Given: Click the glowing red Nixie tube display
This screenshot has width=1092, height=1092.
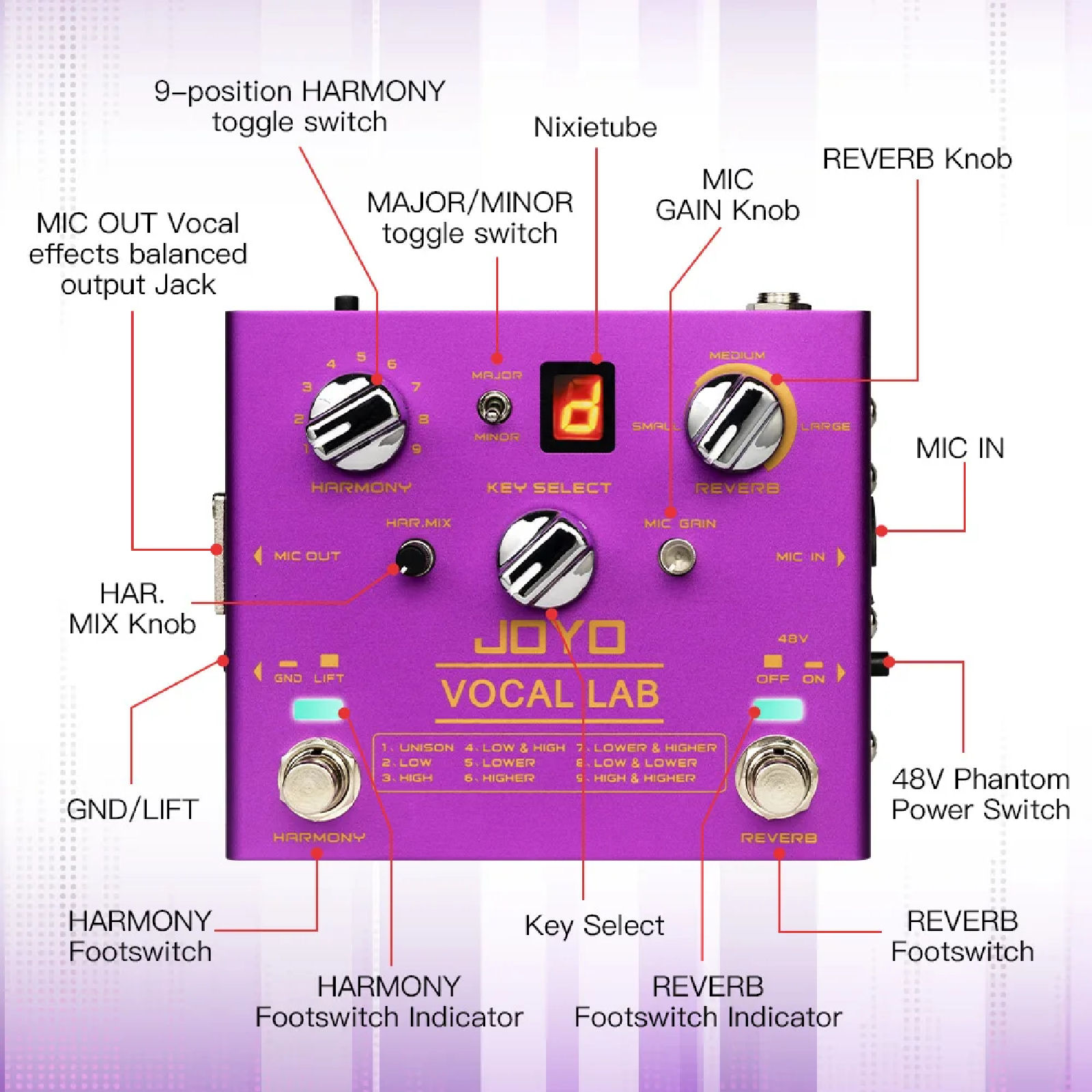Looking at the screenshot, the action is tap(577, 407).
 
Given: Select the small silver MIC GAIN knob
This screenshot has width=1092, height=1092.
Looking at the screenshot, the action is tap(677, 556).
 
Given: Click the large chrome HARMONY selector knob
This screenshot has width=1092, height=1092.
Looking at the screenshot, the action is tap(355, 422).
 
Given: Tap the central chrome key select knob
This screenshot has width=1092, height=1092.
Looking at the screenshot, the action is tap(545, 558).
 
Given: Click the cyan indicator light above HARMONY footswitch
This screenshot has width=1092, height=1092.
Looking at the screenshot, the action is tap(318, 710).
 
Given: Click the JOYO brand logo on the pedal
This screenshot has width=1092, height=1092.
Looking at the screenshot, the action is tap(550, 637).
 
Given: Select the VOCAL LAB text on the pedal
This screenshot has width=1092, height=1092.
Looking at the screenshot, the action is tap(550, 694).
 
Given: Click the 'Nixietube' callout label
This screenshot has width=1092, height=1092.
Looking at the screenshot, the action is tap(595, 128).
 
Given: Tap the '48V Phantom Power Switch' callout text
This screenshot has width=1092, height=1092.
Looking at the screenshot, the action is tap(981, 794).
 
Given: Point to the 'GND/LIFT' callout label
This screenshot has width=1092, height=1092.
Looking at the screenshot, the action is tap(132, 809).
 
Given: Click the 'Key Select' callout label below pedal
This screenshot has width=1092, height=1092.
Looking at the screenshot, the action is tap(594, 926).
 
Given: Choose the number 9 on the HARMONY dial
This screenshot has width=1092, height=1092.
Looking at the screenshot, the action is tap(416, 448).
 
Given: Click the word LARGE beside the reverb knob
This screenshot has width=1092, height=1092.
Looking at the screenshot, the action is tap(826, 427).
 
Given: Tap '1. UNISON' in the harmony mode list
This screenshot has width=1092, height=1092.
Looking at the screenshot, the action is tap(418, 748).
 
